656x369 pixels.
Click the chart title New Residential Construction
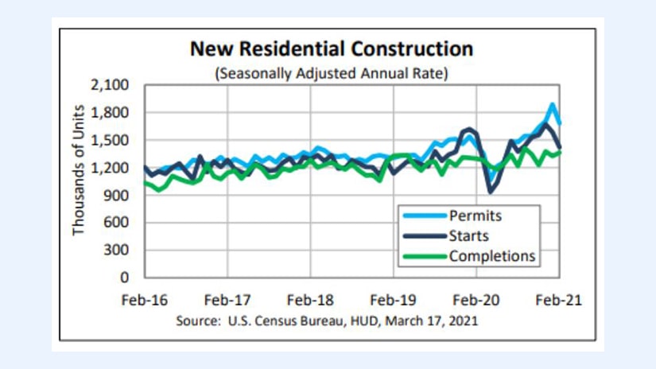331,49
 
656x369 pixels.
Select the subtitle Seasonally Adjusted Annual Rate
331,74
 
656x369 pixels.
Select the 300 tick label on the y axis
118,250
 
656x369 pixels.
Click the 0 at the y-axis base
125,278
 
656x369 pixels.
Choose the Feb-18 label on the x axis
311,301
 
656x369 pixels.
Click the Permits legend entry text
476,215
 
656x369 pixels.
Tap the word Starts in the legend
469,235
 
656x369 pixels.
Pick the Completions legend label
492,256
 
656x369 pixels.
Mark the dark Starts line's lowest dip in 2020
491,192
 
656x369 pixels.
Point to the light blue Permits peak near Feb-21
552,104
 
